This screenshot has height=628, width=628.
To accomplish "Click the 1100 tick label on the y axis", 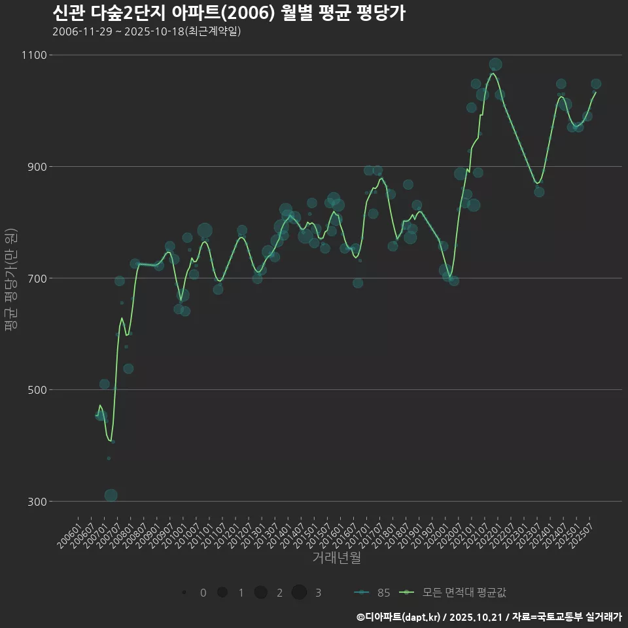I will pyautogui.click(x=33, y=55).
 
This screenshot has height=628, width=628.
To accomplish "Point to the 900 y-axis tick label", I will pyautogui.click(x=36, y=167).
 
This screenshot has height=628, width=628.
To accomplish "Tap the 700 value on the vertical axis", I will pyautogui.click(x=36, y=278).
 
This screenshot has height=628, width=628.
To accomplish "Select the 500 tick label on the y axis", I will pyautogui.click(x=36, y=390).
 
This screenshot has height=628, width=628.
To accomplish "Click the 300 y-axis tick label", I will pyautogui.click(x=36, y=502).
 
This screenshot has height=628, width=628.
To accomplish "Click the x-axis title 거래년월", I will pyautogui.click(x=336, y=558).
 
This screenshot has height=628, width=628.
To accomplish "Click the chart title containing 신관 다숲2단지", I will pyautogui.click(x=228, y=13).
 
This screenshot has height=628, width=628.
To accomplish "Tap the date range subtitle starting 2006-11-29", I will pyautogui.click(x=147, y=31).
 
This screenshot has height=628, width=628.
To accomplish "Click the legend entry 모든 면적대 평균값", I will pyautogui.click(x=455, y=593).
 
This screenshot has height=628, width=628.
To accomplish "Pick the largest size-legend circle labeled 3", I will pyautogui.click(x=300, y=593).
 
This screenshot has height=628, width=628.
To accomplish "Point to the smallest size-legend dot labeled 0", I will pyautogui.click(x=184, y=593).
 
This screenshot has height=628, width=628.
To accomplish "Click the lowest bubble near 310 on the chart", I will pyautogui.click(x=111, y=495).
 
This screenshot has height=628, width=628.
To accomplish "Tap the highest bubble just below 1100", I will pyautogui.click(x=495, y=64).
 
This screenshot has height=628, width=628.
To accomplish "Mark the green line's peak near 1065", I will pyautogui.click(x=493, y=73).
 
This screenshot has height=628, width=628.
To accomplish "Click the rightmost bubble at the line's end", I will pyautogui.click(x=596, y=84).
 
